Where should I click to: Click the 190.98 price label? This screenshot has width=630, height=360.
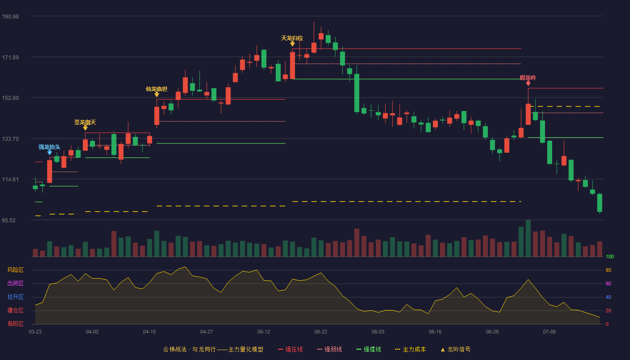(x=10, y=17)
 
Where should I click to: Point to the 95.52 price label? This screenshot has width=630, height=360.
(x=9, y=220)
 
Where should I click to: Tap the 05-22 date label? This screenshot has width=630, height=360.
(x=320, y=332)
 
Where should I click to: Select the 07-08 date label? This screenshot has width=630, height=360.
(x=549, y=332)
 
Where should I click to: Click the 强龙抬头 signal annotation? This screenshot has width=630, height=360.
(x=49, y=147)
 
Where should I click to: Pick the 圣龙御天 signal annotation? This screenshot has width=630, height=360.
(x=85, y=122)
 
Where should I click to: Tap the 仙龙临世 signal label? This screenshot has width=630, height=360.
(x=157, y=89)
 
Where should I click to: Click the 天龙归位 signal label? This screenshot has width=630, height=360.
(x=292, y=38)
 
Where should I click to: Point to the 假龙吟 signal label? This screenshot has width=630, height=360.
(x=528, y=77)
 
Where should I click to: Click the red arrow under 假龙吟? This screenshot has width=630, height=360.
(x=528, y=83)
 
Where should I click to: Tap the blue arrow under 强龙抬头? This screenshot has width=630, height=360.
(x=49, y=153)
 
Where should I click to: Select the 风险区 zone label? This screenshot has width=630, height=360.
(x=15, y=270)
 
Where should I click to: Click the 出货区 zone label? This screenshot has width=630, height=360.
(x=15, y=283)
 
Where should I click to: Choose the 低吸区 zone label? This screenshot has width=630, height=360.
(x=15, y=324)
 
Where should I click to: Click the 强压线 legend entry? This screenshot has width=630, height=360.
(x=290, y=349)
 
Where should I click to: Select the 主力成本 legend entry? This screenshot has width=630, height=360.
(x=410, y=349)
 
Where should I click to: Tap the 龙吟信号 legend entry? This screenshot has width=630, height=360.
(x=455, y=349)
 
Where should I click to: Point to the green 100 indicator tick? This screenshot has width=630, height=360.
(x=610, y=256)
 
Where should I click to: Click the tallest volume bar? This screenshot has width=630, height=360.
(x=528, y=238)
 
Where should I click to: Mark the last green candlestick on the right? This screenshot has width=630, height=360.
(x=599, y=203)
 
